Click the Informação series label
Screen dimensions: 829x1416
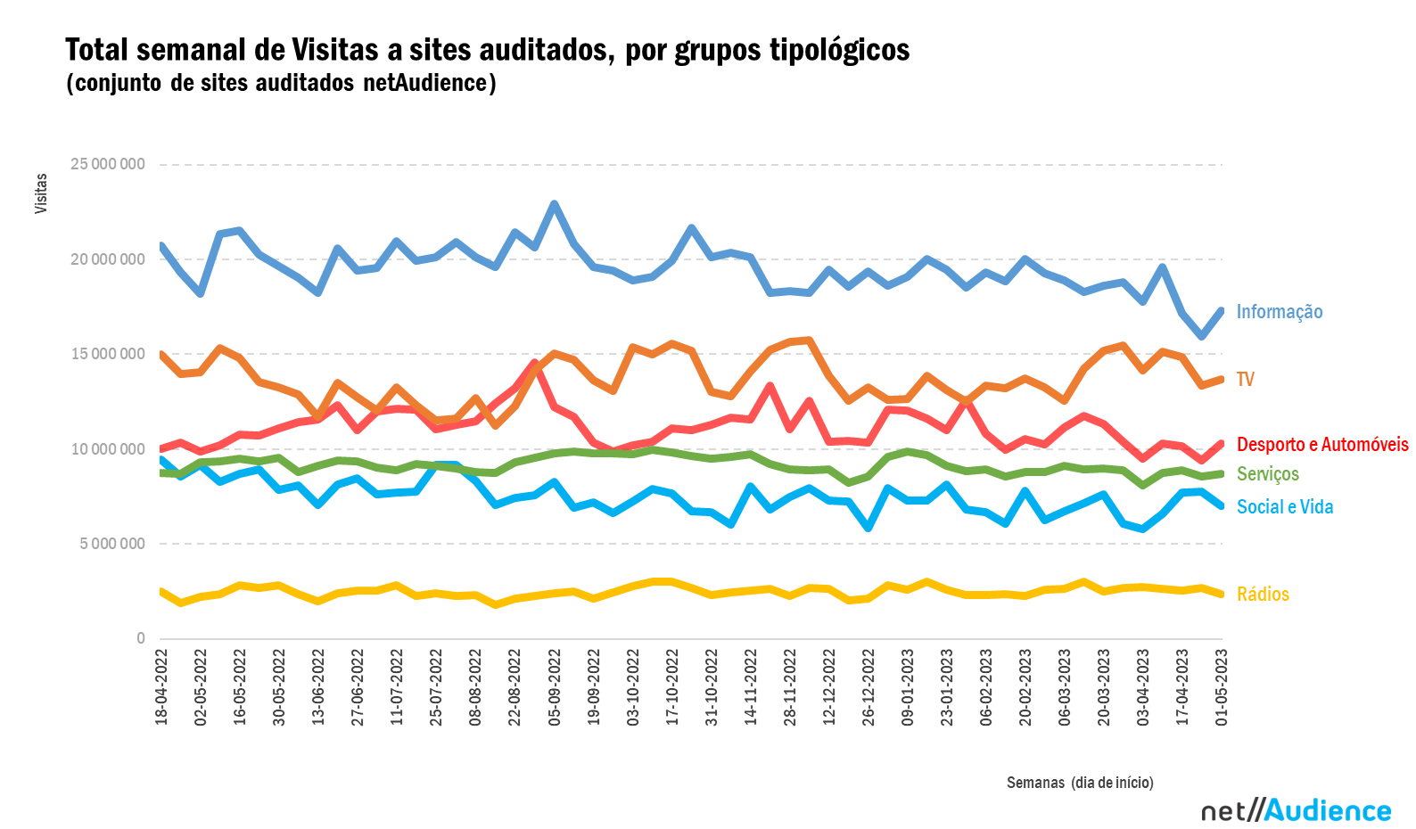[x=1279, y=312]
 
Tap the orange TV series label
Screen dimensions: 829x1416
[x=1245, y=380]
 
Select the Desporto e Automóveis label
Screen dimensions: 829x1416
[x=1322, y=445]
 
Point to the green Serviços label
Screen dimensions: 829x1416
[x=1267, y=474]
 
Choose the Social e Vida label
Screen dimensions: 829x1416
[x=1284, y=507]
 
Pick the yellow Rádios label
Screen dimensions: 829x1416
[x=1263, y=595]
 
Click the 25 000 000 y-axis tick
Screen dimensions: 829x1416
[x=108, y=165]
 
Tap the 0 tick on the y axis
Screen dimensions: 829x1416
[x=140, y=638]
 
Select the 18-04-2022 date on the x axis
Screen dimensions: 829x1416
[x=161, y=687]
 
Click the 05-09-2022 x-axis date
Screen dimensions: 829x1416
[x=555, y=687]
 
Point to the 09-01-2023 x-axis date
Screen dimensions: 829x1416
[x=908, y=687]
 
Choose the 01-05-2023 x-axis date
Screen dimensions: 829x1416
[x=1222, y=687]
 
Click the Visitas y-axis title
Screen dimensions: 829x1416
[x=41, y=193]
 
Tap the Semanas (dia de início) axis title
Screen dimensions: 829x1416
[x=1080, y=783]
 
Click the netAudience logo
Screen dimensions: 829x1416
[x=1296, y=810]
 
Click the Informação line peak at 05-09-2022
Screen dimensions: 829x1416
[x=555, y=204]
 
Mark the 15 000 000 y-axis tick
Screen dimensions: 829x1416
[x=108, y=354]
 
